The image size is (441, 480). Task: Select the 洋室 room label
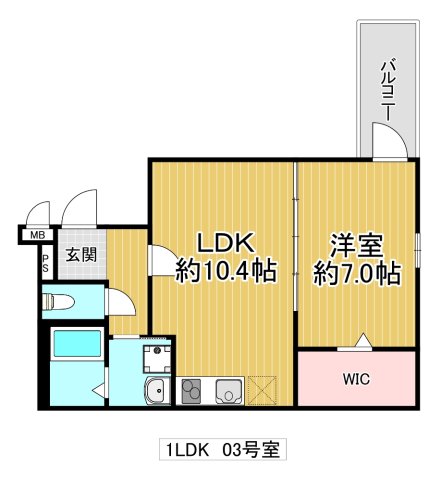click(x=357, y=243)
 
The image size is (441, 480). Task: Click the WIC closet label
click(x=357, y=380)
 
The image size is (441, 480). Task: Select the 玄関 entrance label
click(x=82, y=255)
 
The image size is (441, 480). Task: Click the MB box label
click(x=37, y=236)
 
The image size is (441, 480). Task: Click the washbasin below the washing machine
click(x=157, y=391)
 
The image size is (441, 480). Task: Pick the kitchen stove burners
click(x=192, y=390)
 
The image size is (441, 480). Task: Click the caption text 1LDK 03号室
click(x=220, y=450)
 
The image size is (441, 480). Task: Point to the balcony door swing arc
click(x=388, y=145)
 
